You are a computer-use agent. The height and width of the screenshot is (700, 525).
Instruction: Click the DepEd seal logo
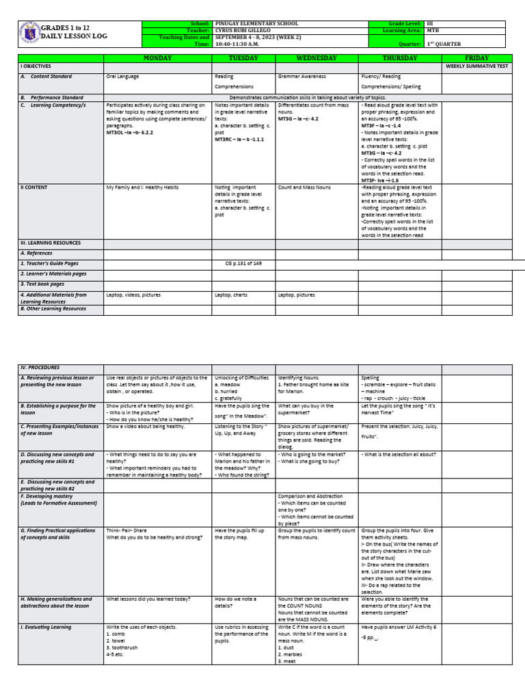point(29,33)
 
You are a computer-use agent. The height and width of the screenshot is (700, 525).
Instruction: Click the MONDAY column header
point(158,59)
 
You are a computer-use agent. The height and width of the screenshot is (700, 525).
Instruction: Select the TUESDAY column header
point(244,59)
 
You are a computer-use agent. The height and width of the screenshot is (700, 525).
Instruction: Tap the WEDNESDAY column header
point(317,59)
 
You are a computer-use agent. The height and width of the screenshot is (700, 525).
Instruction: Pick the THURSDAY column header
point(400,59)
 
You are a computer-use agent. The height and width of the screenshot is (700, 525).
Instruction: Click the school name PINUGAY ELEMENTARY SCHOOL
point(257,23)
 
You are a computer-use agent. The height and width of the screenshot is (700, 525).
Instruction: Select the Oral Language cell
point(124,77)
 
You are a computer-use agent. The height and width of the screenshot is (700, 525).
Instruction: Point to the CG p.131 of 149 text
point(244,262)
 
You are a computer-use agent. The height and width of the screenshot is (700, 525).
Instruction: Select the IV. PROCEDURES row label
point(40,368)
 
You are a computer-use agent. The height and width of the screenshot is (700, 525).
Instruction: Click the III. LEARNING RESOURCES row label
point(50,243)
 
